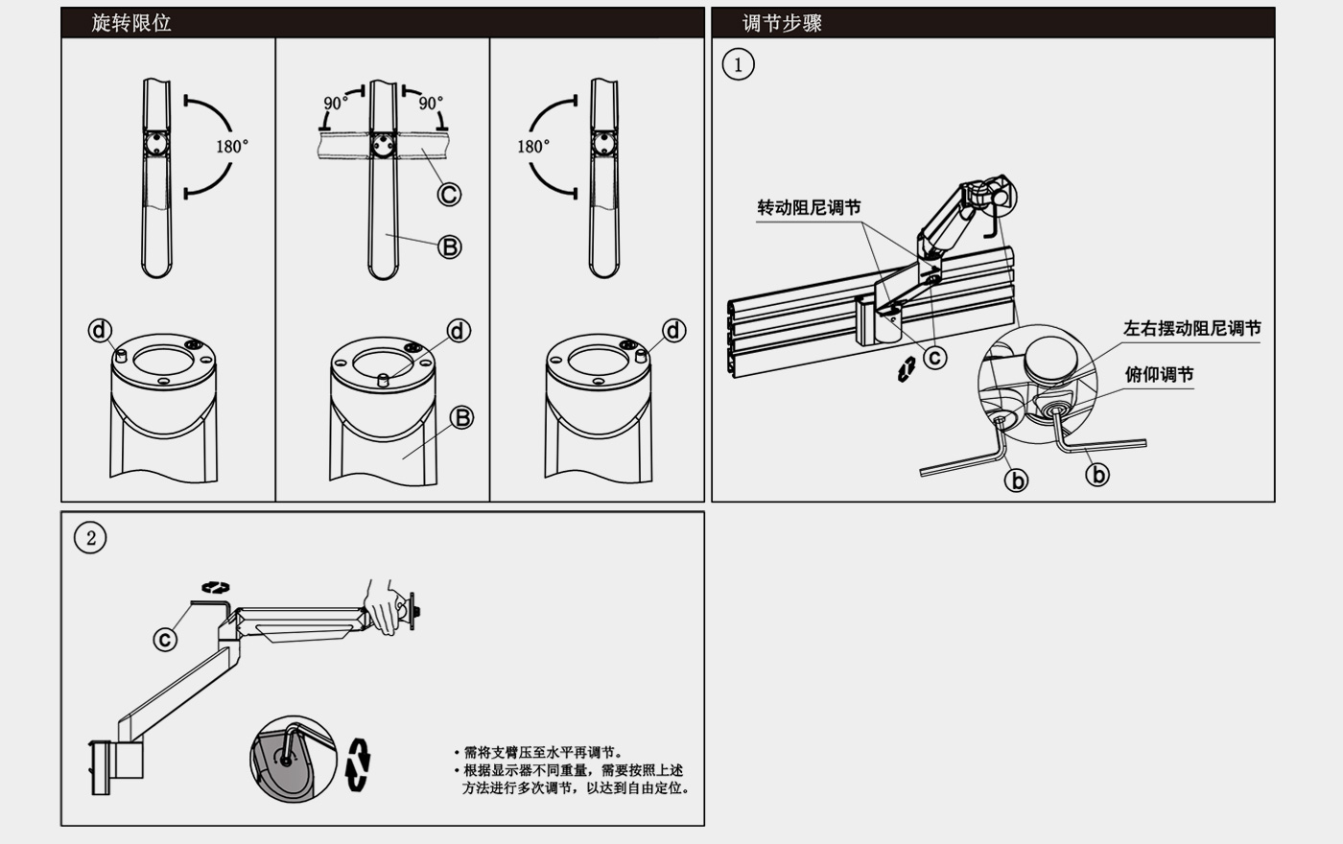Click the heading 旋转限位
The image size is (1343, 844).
pyautogui.click(x=131, y=23)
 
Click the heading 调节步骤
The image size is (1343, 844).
pyautogui.click(x=782, y=23)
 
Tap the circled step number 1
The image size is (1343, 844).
pyautogui.click(x=738, y=65)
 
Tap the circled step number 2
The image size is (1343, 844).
pyautogui.click(x=90, y=538)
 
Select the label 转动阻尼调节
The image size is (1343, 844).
pyautogui.click(x=809, y=208)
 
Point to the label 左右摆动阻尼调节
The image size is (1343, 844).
pyautogui.click(x=1191, y=328)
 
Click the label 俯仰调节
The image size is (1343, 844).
pyautogui.click(x=1159, y=374)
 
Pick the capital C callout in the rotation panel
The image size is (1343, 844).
pyautogui.click(x=449, y=195)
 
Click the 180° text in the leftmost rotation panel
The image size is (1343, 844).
pyautogui.click(x=231, y=147)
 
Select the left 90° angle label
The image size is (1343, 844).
pyautogui.click(x=336, y=103)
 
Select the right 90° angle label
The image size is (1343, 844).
pyautogui.click(x=430, y=103)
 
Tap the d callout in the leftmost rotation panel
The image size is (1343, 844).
pyautogui.click(x=100, y=330)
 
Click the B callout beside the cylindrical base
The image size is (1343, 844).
pyautogui.click(x=461, y=418)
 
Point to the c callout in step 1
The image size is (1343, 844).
pyautogui.click(x=934, y=358)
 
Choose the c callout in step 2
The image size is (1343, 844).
pyautogui.click(x=166, y=639)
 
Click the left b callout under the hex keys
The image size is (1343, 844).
pyautogui.click(x=1016, y=480)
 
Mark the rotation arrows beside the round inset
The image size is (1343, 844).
pyautogui.click(x=359, y=763)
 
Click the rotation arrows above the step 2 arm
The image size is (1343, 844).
pyautogui.click(x=216, y=587)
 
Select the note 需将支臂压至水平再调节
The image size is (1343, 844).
pyautogui.click(x=543, y=753)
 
